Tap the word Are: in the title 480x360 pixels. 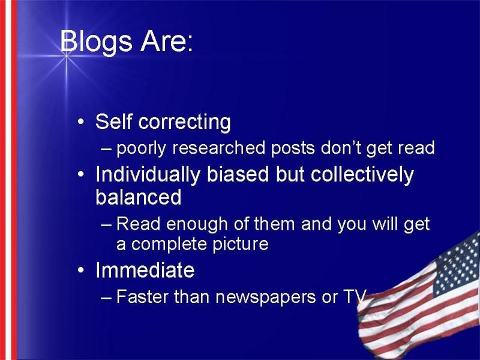(167, 41)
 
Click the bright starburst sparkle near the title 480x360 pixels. (66, 56)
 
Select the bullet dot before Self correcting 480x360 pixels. (80, 122)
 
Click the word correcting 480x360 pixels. (184, 122)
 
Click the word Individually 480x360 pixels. (148, 175)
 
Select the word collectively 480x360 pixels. (362, 175)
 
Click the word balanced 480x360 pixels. (139, 197)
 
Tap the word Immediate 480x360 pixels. (145, 269)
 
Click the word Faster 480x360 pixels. (142, 296)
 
